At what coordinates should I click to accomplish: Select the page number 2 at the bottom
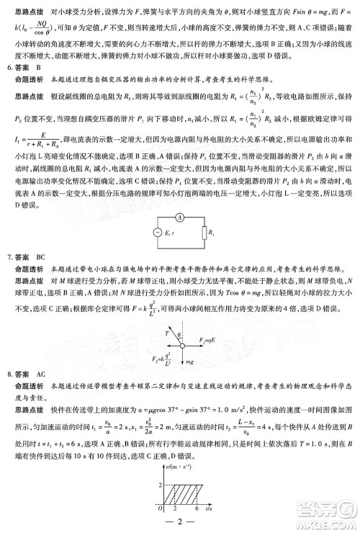[x=179, y=522]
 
